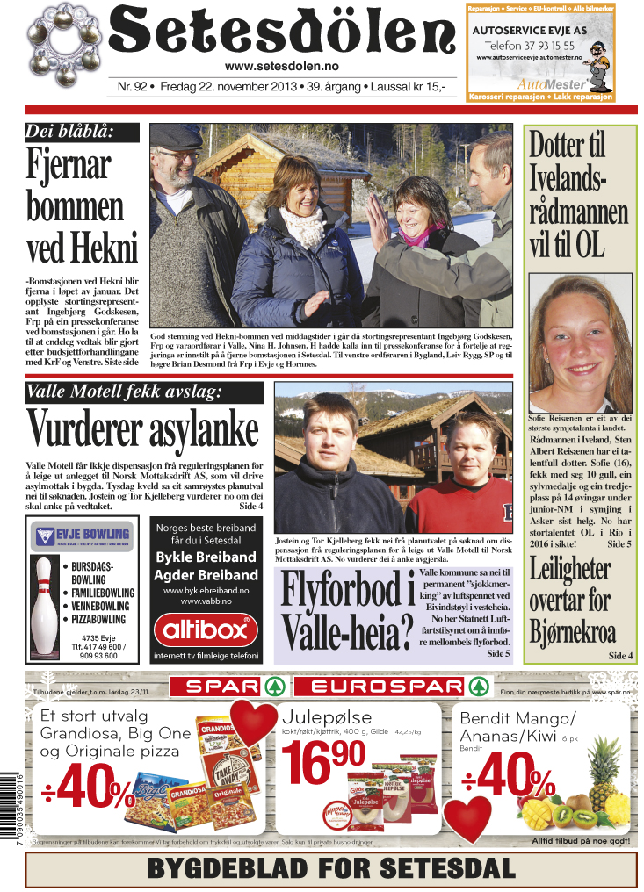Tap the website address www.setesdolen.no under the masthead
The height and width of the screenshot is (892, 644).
pos(282,67)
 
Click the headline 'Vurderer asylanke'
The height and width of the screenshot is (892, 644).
pos(143,428)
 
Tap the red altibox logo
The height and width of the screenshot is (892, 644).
pos(206,629)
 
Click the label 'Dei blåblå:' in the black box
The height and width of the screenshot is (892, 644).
pos(82,133)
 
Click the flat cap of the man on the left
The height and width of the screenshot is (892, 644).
pos(175,136)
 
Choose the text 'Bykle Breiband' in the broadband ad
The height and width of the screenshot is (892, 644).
pos(206,557)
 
